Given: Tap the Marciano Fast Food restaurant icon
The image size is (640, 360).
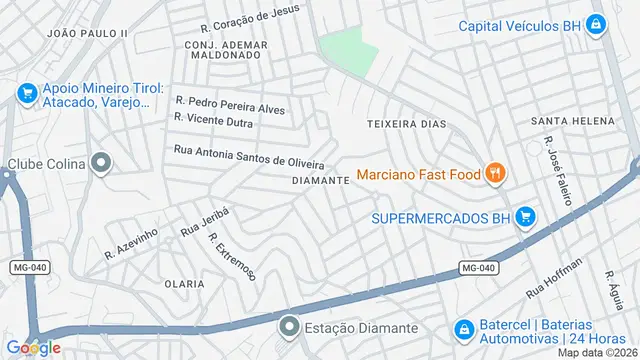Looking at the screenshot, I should [x=494, y=174].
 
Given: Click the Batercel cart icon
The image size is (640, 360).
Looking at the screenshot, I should [x=463, y=329].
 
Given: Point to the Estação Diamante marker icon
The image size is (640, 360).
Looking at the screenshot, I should [x=289, y=327].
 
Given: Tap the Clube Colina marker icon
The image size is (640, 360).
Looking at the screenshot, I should [x=100, y=163].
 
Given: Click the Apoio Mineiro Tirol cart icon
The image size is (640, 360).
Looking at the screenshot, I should [x=27, y=94].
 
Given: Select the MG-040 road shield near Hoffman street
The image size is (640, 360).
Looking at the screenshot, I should [x=479, y=267].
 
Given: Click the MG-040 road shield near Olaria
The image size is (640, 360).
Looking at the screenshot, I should [x=30, y=267].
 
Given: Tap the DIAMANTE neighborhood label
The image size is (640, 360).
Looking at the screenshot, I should [x=320, y=181].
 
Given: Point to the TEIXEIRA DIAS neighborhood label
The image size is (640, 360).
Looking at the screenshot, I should [x=406, y=124].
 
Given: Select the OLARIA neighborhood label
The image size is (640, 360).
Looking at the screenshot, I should [x=184, y=284].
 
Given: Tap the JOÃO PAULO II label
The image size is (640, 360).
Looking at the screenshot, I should [x=88, y=33].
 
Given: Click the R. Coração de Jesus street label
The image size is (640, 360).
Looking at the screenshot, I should [x=249, y=17].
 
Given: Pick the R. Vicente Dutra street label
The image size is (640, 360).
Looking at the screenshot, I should [x=213, y=120].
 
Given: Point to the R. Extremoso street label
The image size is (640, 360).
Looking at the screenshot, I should [x=232, y=255].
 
